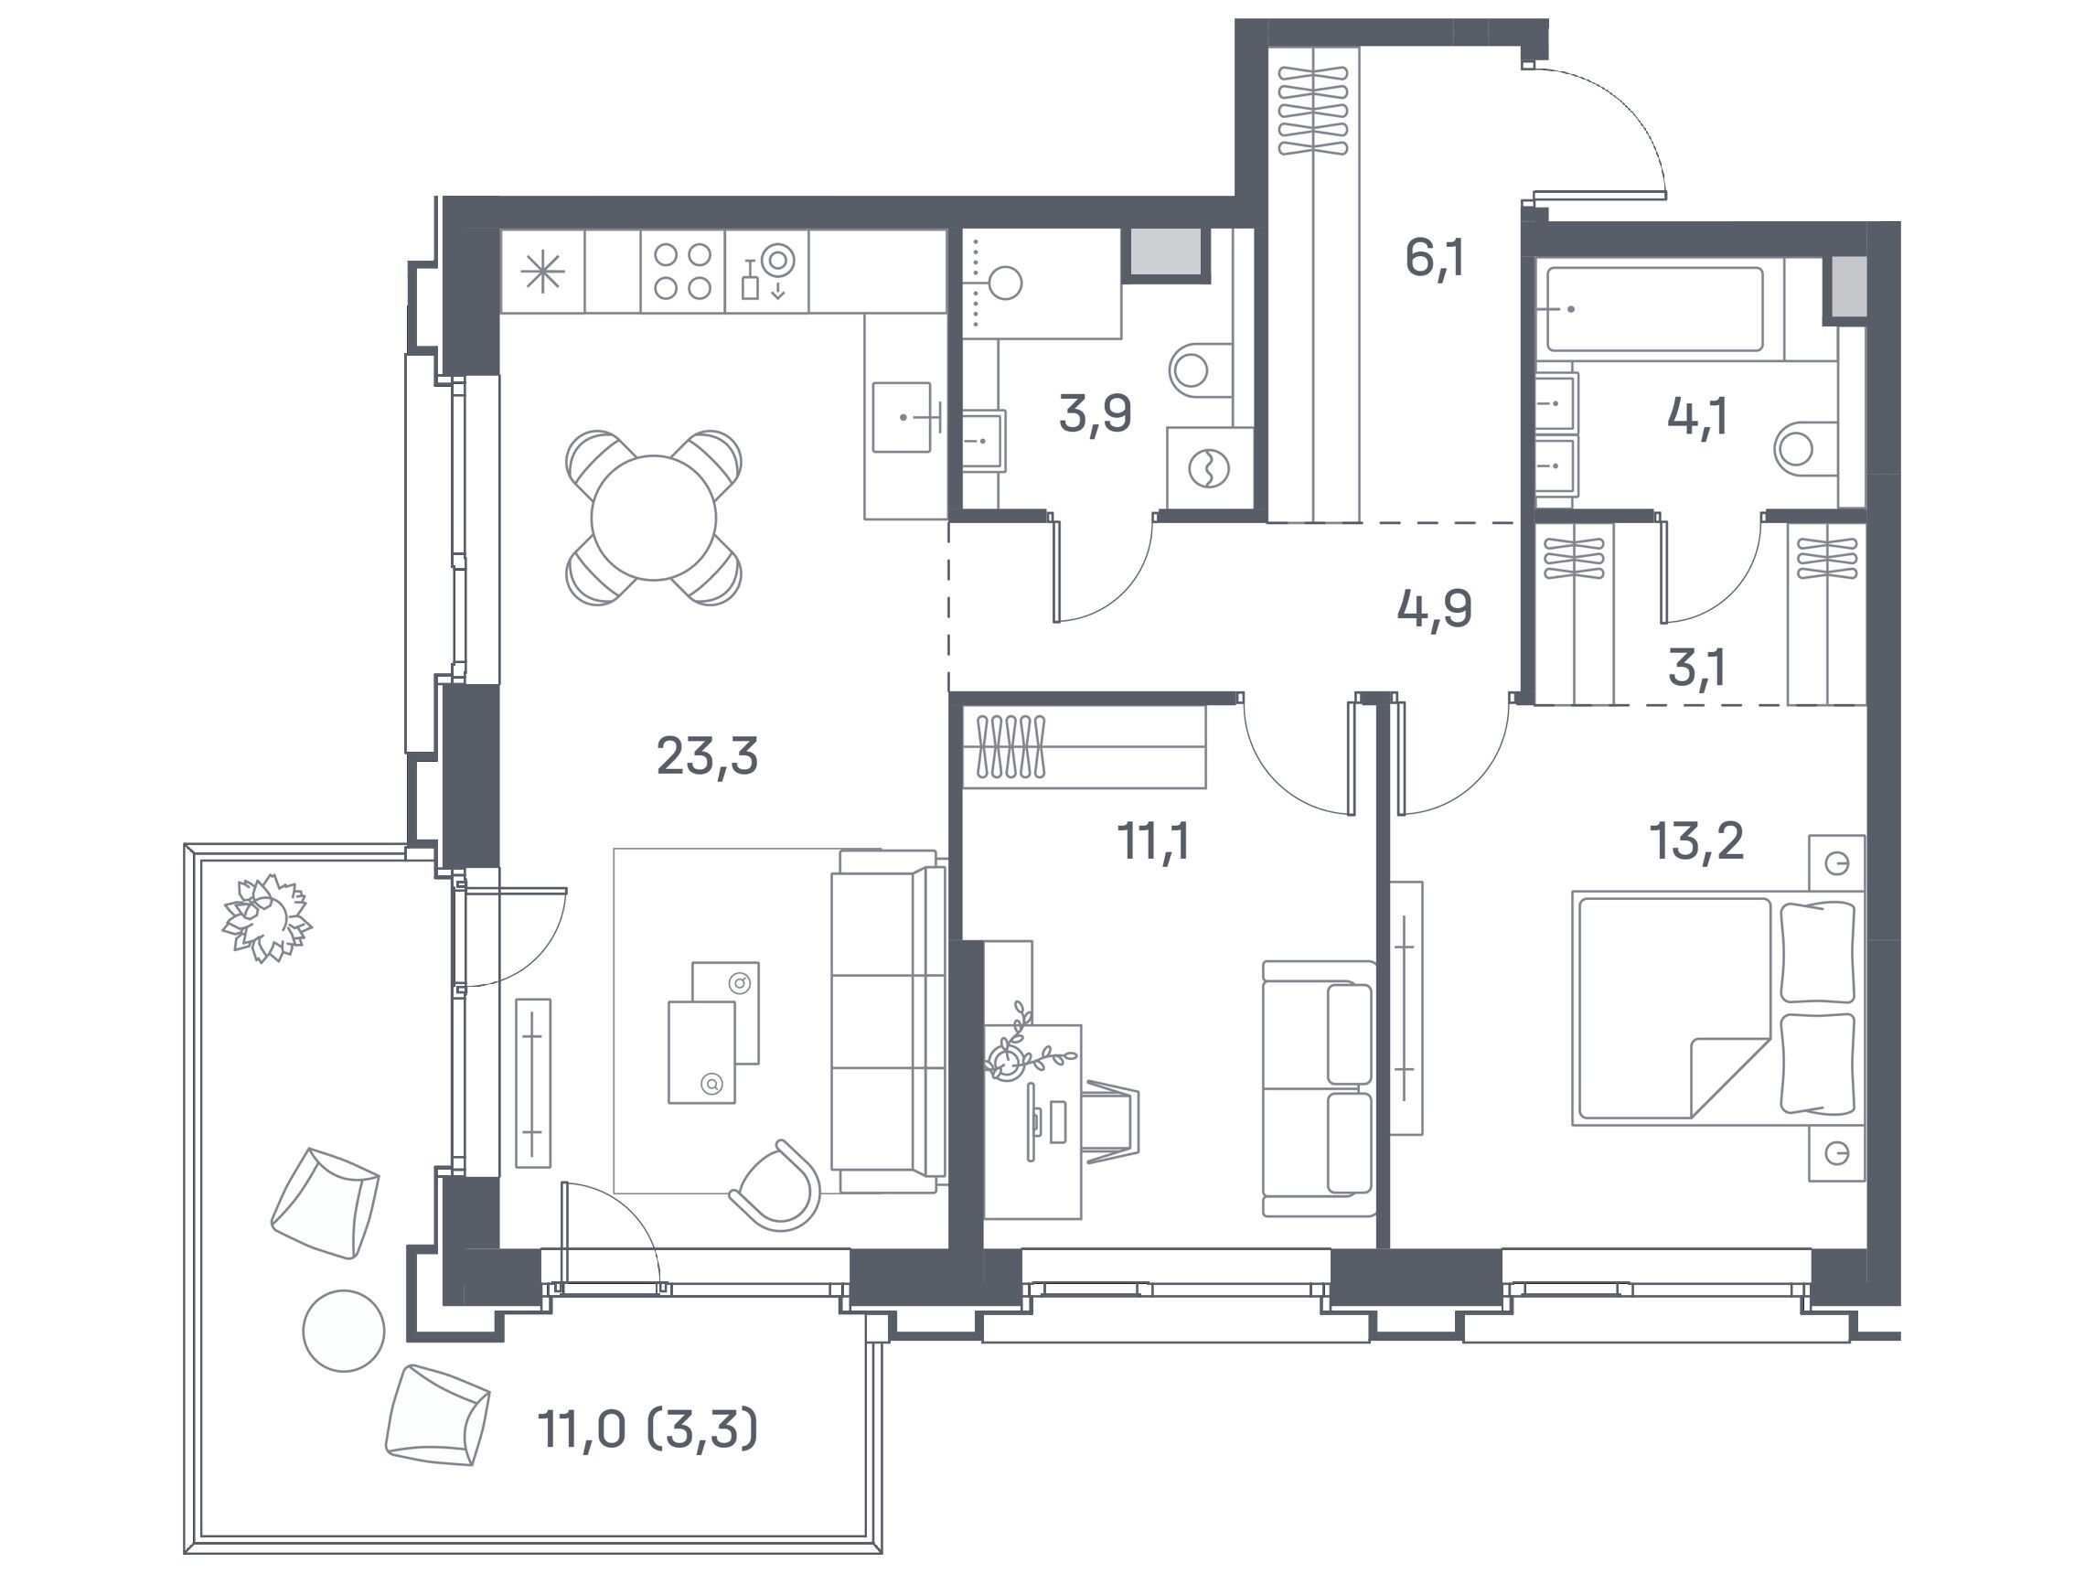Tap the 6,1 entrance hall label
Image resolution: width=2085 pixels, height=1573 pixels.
tap(1435, 257)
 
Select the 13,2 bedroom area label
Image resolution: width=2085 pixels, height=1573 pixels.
tap(1695, 840)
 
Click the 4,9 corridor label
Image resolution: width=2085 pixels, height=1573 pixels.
tap(1435, 609)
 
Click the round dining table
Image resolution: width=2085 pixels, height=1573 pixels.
tap(653, 518)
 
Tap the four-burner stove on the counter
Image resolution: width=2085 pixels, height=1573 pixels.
tap(682, 272)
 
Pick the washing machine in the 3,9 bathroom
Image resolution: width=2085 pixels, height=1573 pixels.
tap(1209, 468)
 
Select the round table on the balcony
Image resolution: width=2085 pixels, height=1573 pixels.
tap(343, 1330)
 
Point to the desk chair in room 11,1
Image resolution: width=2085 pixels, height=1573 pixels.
tap(1112, 1121)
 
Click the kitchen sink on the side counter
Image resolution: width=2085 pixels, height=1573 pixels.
tap(903, 418)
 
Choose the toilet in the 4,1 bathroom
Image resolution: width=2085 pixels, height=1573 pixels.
tap(1804, 449)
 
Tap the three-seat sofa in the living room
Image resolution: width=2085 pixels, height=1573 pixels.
tap(888, 1022)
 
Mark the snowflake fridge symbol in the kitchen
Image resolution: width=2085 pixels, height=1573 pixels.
tap(543, 272)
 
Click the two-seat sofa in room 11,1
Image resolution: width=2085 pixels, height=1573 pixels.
tap(1319, 1089)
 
